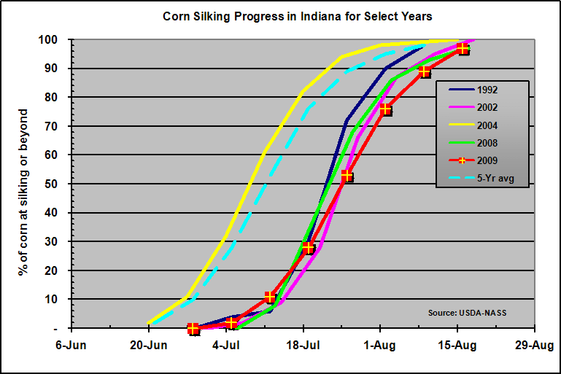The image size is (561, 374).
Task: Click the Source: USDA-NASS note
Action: click(467, 313)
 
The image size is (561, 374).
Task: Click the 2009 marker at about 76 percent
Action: click(386, 109)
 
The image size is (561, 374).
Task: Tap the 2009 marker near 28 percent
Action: click(309, 248)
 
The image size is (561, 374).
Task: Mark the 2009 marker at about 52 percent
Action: click(347, 176)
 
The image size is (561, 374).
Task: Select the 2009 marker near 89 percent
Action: click(425, 71)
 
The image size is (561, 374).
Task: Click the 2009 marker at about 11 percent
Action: click(270, 297)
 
